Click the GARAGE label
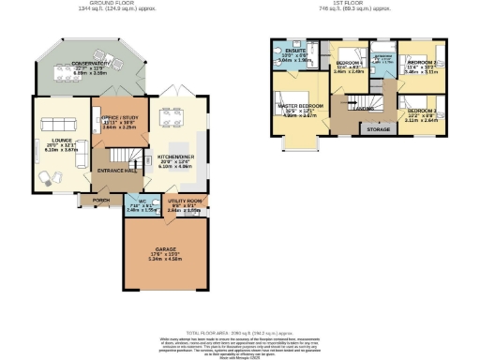coord(166,249)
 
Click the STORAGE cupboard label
coord(379,128)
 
